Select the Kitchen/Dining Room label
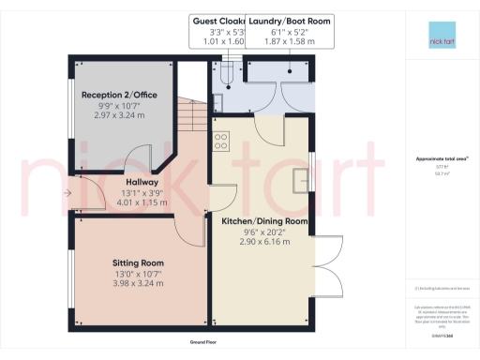[264, 221]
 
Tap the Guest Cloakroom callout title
[217, 20]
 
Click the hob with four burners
[222, 142]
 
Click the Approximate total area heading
[441, 158]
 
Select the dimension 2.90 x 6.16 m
[264, 242]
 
